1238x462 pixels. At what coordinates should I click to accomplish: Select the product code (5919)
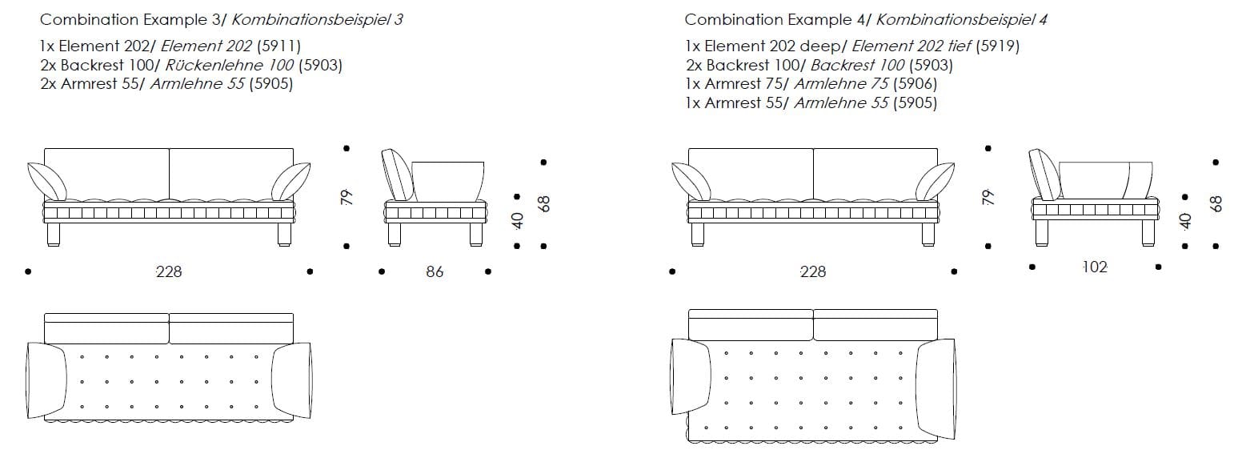pos(996,47)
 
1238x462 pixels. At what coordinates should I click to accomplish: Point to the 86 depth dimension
pos(435,272)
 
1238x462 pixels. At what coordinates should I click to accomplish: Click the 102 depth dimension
pos(1094,267)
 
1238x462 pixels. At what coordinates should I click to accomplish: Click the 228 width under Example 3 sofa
pos(169,272)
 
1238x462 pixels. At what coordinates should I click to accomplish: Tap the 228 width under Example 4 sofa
pos(813,272)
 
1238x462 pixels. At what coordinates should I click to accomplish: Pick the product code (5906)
pos(915,84)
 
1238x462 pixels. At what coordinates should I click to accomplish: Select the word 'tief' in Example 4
pos(958,47)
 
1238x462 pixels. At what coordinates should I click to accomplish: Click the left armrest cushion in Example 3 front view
pos(47,181)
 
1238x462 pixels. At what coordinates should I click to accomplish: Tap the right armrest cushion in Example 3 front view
pos(290,181)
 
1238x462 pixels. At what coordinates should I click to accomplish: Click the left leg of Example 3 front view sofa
pos(54,233)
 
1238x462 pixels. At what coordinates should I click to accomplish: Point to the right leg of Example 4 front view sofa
pos(927,233)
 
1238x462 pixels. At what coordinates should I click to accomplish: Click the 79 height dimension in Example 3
pos(346,197)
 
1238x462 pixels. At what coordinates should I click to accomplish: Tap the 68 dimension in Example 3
pos(544,204)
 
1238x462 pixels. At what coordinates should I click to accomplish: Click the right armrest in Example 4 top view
pos(936,378)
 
